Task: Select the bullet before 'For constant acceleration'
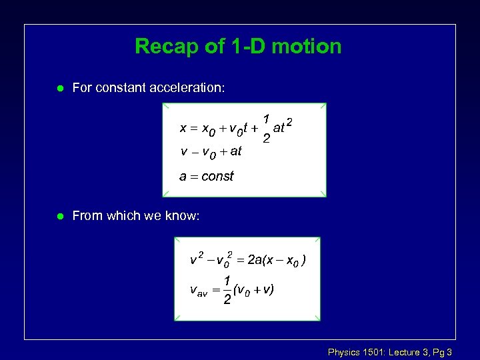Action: coord(60,87)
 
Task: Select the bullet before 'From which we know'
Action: coord(60,215)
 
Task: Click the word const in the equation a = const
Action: coord(218,177)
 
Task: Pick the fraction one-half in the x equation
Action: coord(265,128)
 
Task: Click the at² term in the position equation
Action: coord(283,127)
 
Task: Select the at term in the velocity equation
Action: coord(235,151)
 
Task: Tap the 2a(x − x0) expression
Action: coord(277,260)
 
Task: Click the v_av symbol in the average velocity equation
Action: coord(199,291)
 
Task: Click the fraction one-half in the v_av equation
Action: coord(227,291)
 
